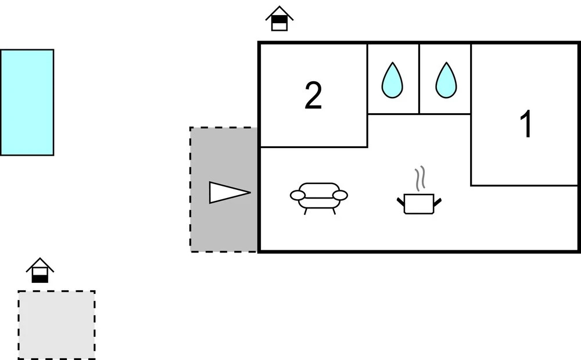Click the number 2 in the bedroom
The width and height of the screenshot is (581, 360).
coord(313,96)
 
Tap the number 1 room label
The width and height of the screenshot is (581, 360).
coord(526,124)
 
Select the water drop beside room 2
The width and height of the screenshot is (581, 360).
coord(392,80)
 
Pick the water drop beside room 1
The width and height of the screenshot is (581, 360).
coord(446,80)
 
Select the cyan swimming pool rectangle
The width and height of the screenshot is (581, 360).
coord(27,102)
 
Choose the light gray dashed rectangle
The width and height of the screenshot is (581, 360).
coord(57,325)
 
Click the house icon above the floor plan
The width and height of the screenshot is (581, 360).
coord(279,19)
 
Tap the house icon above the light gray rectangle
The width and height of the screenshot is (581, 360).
coord(40,271)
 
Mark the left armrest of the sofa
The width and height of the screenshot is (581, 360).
coord(297,195)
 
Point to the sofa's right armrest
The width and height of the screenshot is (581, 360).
coord(340,195)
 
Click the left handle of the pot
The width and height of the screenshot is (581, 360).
coord(400,202)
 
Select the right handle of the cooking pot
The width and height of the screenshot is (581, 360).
coord(437,202)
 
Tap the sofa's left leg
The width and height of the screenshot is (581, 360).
coord(306,211)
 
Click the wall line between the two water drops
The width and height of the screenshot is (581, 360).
coord(419,79)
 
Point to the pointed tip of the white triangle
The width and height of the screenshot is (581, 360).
coord(251,192)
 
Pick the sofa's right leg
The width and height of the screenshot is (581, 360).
coord(333,211)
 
